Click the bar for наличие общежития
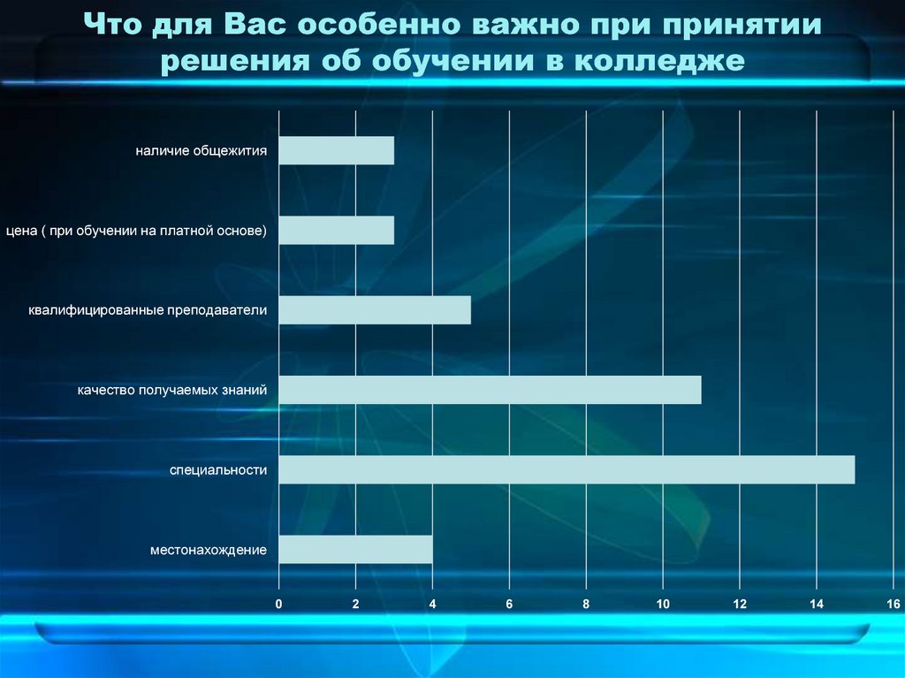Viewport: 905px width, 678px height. click(337, 151)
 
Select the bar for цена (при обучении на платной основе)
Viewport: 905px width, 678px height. click(337, 231)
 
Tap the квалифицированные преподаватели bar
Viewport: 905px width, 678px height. click(375, 310)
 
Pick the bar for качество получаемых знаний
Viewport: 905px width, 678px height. click(490, 390)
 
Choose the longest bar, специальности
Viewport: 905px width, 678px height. click(567, 469)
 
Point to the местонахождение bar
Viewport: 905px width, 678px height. click(356, 550)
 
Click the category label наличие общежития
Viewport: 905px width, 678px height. click(202, 151)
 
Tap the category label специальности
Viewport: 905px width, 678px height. click(218, 470)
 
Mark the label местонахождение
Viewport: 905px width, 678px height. click(209, 550)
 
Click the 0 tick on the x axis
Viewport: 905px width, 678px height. click(279, 604)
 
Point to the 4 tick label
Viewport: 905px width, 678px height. click(433, 604)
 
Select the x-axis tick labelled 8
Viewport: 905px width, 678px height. click(586, 604)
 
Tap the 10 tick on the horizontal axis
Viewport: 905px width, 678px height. click(663, 604)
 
